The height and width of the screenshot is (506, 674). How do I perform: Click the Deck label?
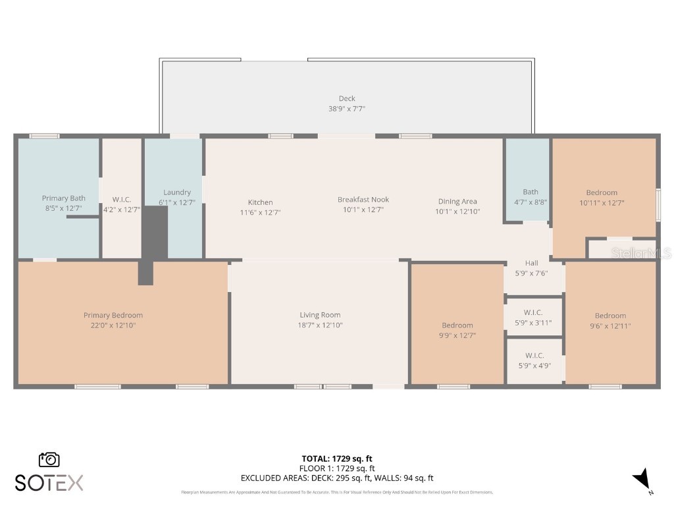click(347, 99)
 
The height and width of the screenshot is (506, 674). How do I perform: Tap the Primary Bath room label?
click(64, 198)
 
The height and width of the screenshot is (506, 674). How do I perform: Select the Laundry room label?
click(177, 192)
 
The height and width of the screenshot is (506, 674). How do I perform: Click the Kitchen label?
click(260, 202)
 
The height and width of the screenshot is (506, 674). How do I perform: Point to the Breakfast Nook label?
click(363, 200)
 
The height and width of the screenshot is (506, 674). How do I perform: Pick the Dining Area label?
click(457, 202)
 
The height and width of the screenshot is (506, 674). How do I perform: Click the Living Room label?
click(320, 315)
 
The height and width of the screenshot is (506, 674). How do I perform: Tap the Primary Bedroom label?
click(113, 315)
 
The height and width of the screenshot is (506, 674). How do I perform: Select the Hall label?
click(531, 263)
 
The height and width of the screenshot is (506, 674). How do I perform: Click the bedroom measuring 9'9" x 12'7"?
click(457, 330)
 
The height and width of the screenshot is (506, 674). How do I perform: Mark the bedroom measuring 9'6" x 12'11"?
click(610, 320)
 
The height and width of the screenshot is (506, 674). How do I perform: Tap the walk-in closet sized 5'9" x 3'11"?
click(533, 318)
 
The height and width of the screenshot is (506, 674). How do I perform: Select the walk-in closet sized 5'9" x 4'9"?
click(534, 360)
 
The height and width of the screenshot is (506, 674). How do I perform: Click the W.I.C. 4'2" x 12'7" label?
click(122, 204)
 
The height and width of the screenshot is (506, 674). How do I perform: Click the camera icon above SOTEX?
click(49, 459)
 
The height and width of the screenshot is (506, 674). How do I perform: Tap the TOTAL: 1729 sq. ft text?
click(337, 459)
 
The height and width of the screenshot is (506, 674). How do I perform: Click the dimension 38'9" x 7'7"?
click(347, 109)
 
